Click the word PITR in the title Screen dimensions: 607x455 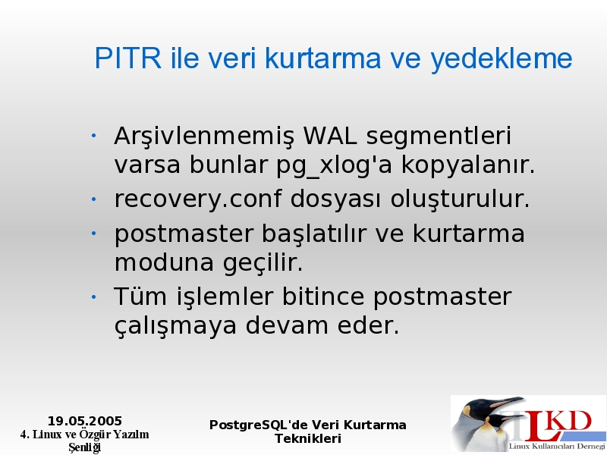(x=127, y=58)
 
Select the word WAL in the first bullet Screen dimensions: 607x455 (x=330, y=136)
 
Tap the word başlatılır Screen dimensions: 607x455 (x=314, y=234)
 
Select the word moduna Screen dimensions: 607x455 (x=164, y=262)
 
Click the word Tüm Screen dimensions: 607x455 (x=140, y=297)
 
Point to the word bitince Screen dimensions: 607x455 (x=323, y=297)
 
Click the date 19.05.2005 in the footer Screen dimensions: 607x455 (x=85, y=421)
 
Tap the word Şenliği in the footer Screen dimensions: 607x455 (x=85, y=447)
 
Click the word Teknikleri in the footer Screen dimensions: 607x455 (x=308, y=439)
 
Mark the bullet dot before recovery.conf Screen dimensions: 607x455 (x=93, y=199)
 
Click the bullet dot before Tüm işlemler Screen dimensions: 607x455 (x=93, y=297)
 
